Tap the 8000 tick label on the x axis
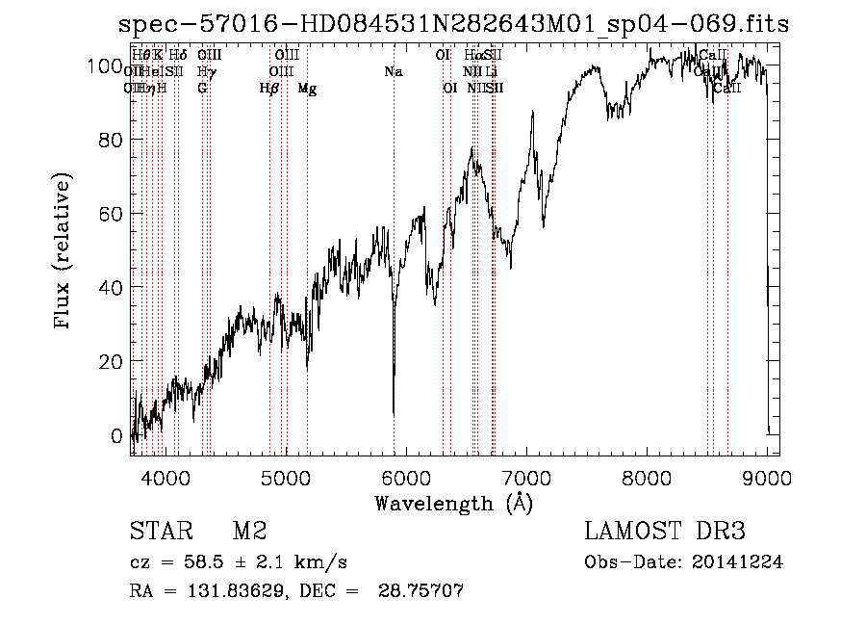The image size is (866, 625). pyautogui.click(x=647, y=475)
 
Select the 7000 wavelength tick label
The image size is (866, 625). pyautogui.click(x=526, y=475)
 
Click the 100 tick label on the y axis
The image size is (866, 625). pyautogui.click(x=109, y=65)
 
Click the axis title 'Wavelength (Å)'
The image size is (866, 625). pyautogui.click(x=453, y=502)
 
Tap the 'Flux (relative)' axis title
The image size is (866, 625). pyautogui.click(x=64, y=252)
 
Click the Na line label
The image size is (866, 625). pyautogui.click(x=393, y=72)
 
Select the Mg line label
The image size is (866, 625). pyautogui.click(x=307, y=89)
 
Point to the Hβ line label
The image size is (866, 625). pyautogui.click(x=269, y=89)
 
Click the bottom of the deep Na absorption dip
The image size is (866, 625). pyautogui.click(x=394, y=413)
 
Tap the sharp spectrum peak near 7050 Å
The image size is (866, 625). pyautogui.click(x=533, y=112)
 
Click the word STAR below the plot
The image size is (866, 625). pyautogui.click(x=158, y=532)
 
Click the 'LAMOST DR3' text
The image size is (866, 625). pyautogui.click(x=665, y=532)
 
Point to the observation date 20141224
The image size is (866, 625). pyautogui.click(x=745, y=562)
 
